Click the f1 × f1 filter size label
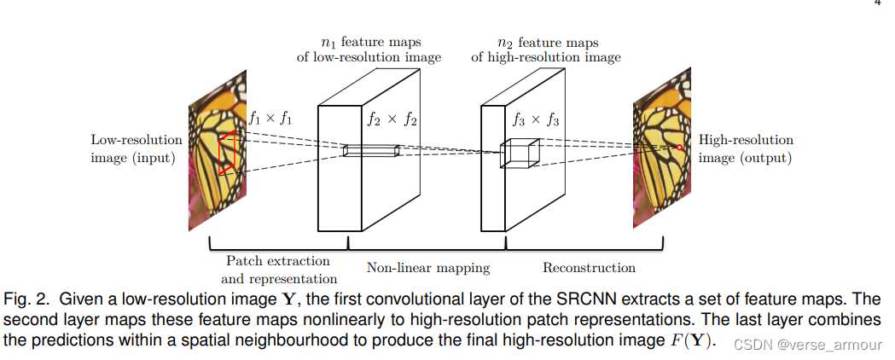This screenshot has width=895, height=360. coord(270,119)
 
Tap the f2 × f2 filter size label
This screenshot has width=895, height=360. coord(392,119)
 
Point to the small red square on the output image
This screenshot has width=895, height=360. coord(679,148)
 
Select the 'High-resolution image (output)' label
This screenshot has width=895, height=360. coord(746,148)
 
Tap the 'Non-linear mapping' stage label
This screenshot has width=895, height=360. coord(428,268)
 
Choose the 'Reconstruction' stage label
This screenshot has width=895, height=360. coord(589,268)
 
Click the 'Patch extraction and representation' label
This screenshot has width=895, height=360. coord(278,270)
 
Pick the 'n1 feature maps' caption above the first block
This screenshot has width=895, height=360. coord(381,49)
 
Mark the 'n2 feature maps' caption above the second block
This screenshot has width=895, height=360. coord(546,49)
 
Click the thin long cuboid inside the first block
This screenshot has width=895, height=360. coord(372,150)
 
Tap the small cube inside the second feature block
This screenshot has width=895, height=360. coord(520,153)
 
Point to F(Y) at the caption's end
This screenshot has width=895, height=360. coord(689,340)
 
